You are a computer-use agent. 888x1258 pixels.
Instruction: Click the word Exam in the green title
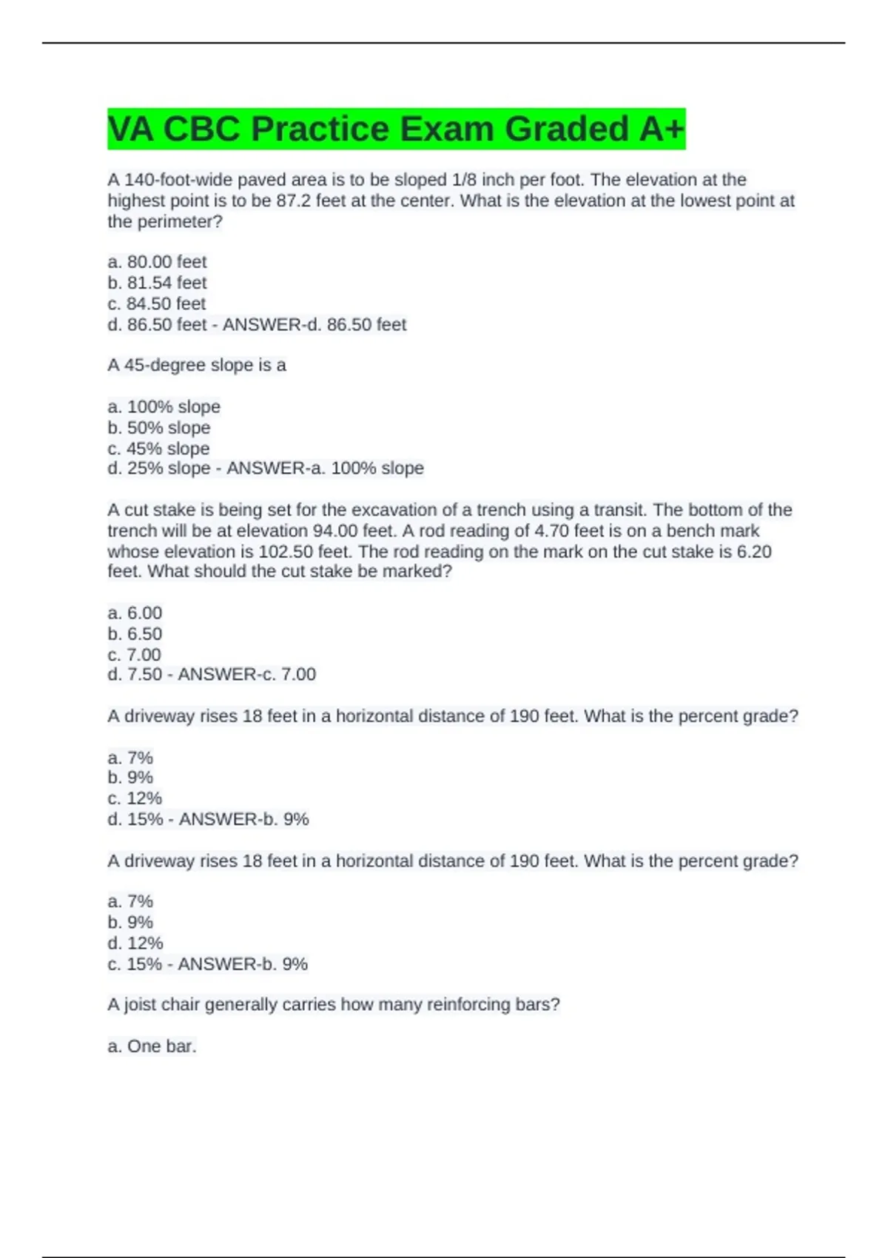coord(447,129)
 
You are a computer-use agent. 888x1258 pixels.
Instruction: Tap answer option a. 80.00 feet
coord(157,262)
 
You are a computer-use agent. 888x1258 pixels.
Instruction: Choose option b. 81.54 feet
coord(157,283)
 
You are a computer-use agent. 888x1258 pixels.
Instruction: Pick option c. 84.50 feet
coord(157,303)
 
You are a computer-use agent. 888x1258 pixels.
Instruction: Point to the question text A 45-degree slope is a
coord(197,365)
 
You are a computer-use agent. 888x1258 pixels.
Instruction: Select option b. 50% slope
coord(159,428)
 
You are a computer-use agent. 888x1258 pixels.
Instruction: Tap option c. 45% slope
coord(158,448)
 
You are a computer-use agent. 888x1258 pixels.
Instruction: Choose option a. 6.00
coord(135,613)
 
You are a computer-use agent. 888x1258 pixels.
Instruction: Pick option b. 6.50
coord(135,633)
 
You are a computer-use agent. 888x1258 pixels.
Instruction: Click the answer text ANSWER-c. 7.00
coord(247,674)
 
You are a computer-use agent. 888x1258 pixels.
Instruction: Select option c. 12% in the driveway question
coord(135,798)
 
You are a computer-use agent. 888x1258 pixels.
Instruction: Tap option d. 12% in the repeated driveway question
coord(135,943)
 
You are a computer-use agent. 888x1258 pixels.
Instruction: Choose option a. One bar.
coord(152,1046)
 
